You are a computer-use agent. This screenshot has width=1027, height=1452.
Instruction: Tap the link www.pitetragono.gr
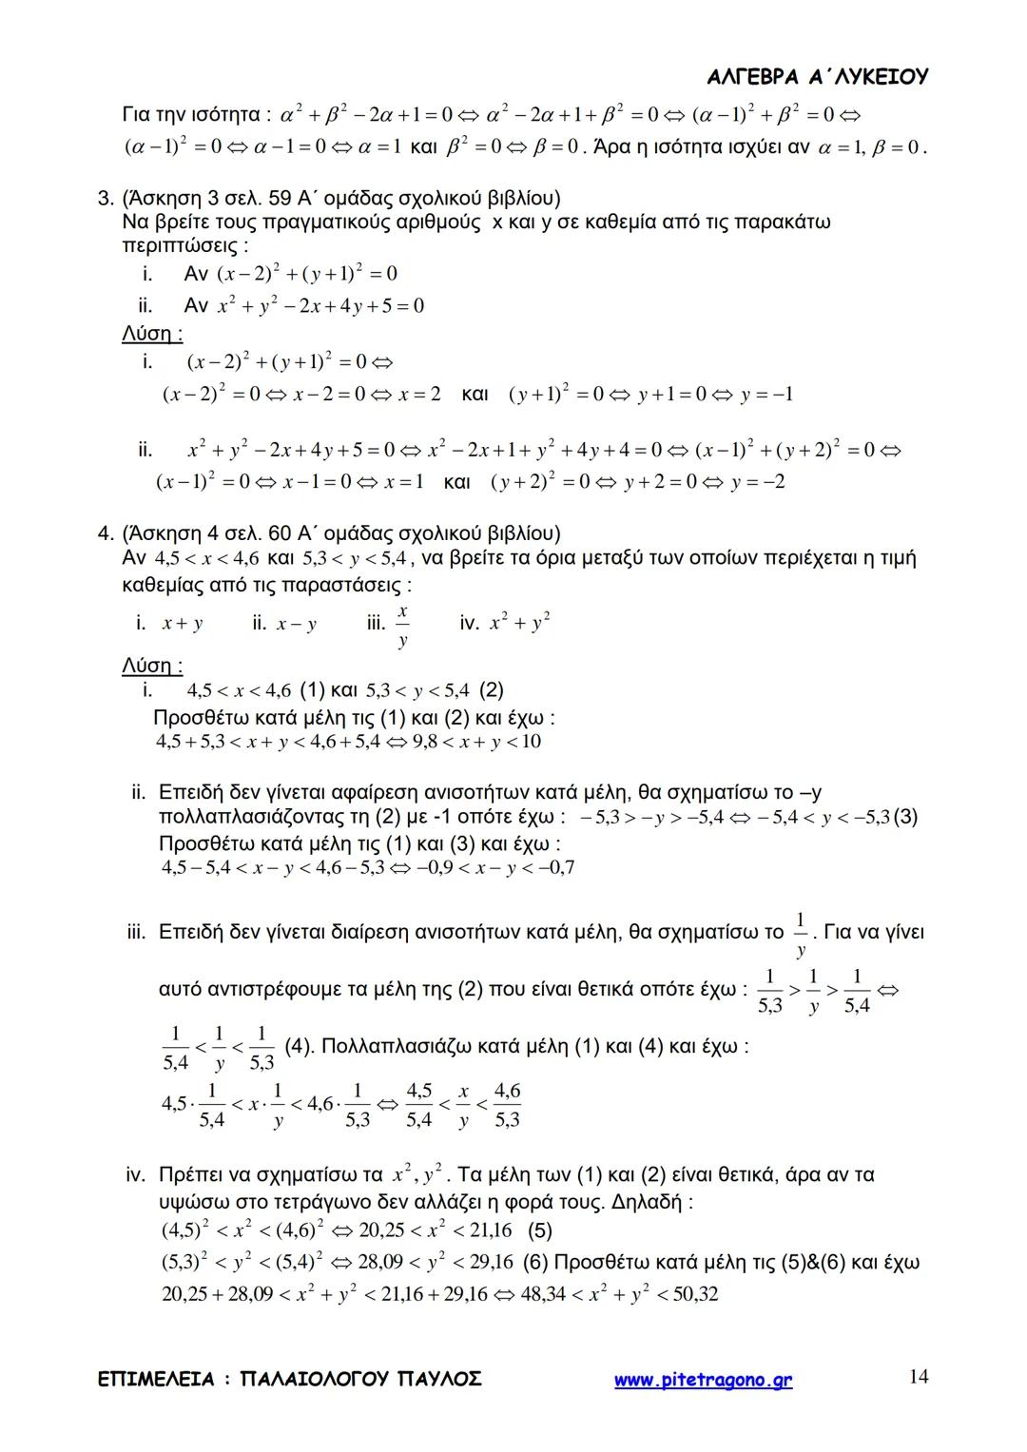point(703,1380)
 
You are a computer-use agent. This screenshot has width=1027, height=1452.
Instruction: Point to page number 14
point(918,1376)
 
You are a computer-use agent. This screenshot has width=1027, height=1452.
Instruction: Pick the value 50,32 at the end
point(695,1294)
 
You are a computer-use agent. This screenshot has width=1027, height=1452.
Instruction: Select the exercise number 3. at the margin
point(107,199)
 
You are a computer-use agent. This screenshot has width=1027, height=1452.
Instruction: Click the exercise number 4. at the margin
point(107,532)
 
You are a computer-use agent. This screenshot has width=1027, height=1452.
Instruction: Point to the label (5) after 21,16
point(538,1231)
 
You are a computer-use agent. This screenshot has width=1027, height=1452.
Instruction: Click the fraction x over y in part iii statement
point(403,626)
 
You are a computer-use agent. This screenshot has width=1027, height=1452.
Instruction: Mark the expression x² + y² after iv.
point(520,623)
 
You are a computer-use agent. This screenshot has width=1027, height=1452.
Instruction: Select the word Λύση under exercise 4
point(151,666)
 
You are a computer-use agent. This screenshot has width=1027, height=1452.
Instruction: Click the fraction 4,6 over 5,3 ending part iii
point(507,1105)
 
